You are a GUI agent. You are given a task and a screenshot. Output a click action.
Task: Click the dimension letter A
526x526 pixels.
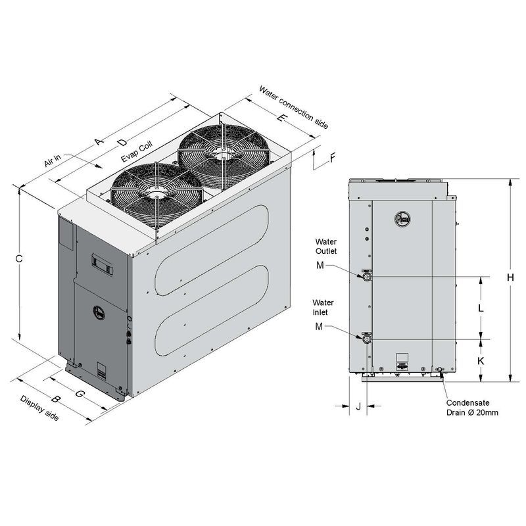(x=98, y=141)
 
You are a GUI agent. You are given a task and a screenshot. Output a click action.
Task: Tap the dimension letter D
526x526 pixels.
(x=123, y=143)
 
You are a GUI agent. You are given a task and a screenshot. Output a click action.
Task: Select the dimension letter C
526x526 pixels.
(x=19, y=258)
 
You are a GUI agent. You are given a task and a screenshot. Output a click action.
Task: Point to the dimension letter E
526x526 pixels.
(x=282, y=118)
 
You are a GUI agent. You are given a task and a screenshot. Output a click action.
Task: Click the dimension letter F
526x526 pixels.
(x=333, y=158)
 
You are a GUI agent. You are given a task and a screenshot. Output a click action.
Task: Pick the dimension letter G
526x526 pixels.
(x=80, y=393)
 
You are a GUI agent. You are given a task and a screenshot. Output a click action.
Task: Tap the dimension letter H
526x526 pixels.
(x=510, y=277)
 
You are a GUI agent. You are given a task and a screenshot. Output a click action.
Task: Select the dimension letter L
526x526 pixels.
(x=481, y=308)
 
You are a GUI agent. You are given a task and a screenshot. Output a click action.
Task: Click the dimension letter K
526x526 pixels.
(x=481, y=361)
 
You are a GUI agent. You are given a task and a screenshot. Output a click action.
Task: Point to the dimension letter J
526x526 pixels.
(x=358, y=406)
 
